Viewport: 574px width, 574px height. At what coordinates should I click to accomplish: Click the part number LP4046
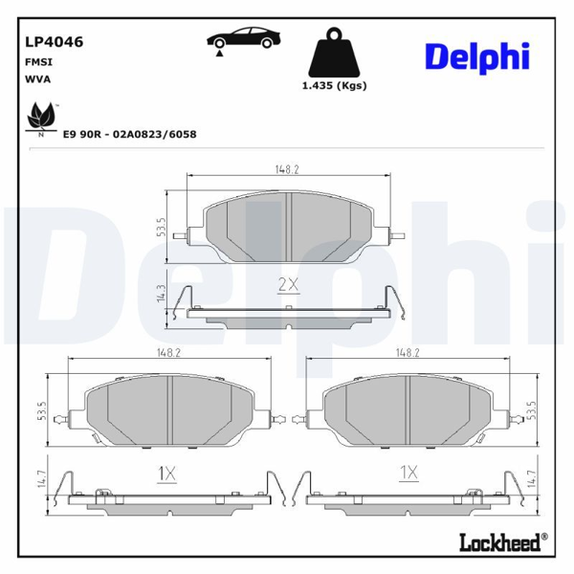coord(53,42)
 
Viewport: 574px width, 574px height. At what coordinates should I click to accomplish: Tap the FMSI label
coord(38,60)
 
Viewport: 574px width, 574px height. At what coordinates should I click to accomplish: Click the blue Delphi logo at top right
coord(476,56)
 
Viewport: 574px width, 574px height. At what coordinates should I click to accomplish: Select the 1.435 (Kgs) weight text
coord(334,85)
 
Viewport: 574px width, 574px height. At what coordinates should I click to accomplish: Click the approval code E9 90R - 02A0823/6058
coord(129,135)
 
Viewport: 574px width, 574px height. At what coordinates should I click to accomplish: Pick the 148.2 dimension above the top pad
coord(287,169)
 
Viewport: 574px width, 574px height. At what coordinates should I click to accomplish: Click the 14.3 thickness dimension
coord(160,294)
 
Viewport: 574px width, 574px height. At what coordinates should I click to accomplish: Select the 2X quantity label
coord(288,284)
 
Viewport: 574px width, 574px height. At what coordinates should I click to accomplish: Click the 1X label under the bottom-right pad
coord(408,472)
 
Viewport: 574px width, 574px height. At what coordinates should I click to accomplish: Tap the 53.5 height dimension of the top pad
coord(161,229)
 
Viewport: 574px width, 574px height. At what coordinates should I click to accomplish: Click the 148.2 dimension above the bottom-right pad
coord(408,353)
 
